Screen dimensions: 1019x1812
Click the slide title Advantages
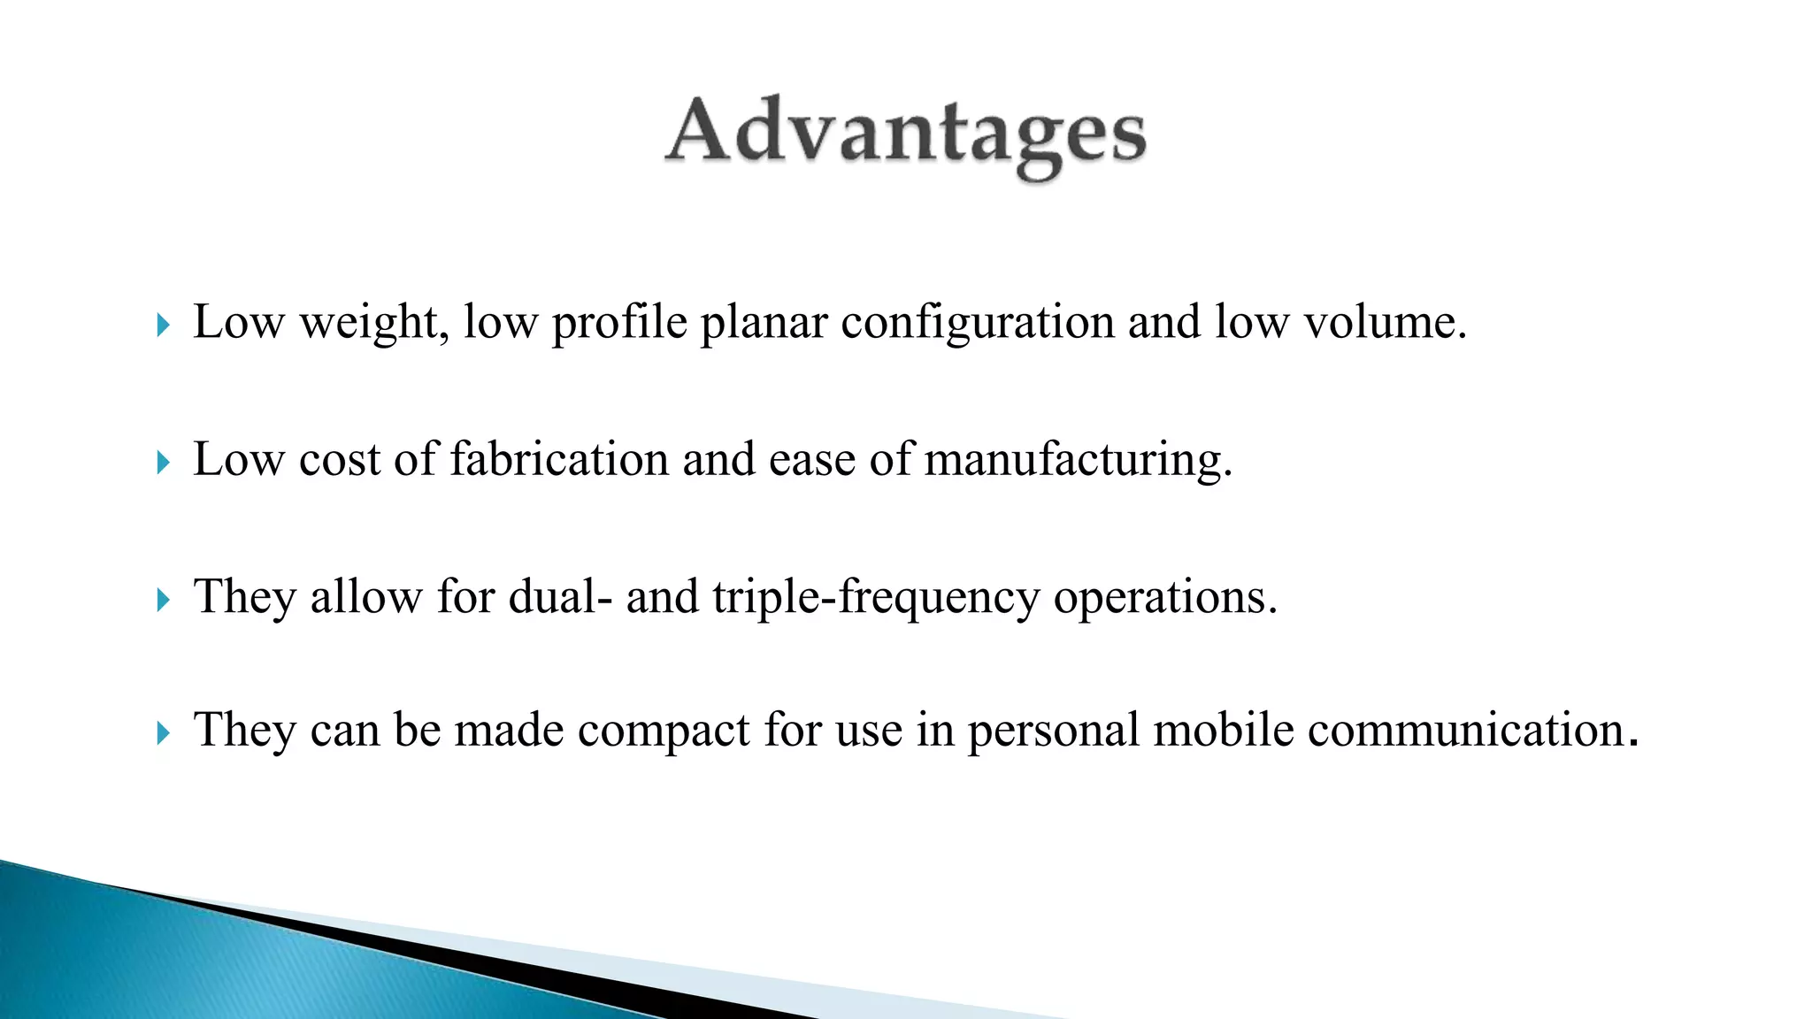(x=905, y=137)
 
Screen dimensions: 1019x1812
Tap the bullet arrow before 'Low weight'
(x=162, y=326)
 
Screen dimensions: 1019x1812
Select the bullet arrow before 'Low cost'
(x=162, y=463)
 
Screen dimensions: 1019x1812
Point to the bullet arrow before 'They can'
(x=162, y=733)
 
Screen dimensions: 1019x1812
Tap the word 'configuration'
(x=977, y=322)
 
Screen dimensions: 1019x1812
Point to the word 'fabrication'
(x=559, y=459)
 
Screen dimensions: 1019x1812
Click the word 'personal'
(x=1053, y=732)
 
